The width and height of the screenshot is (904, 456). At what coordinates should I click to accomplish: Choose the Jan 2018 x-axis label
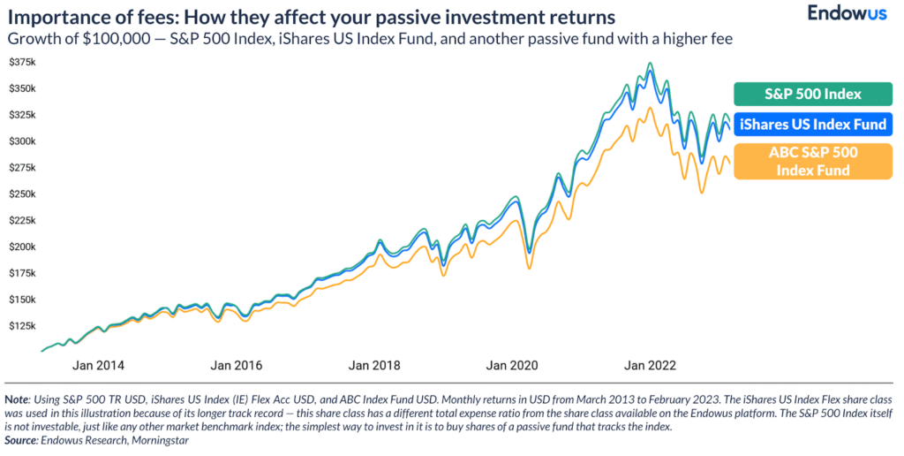[x=374, y=365]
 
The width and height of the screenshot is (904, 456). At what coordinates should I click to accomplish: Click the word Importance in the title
[x=52, y=18]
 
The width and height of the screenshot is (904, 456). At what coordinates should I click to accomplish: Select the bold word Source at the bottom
[x=21, y=439]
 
